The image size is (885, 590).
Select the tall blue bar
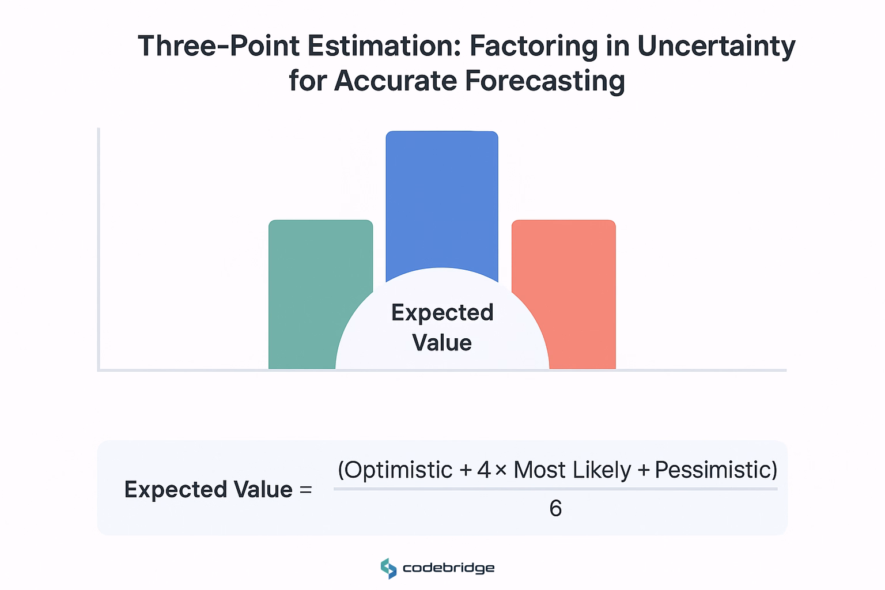pos(442,202)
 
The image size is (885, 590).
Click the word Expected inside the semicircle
pos(442,313)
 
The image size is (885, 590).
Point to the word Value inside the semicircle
pos(442,343)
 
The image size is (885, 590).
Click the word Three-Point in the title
pos(218,46)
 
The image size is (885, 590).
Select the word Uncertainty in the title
pos(716,46)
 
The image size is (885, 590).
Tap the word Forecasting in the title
pos(544,81)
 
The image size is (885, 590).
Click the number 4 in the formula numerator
pos(483,470)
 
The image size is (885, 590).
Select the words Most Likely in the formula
pos(572,470)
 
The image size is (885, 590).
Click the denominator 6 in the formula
pos(555,508)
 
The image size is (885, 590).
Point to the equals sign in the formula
pos(305,490)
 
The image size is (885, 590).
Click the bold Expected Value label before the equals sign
pos(209,490)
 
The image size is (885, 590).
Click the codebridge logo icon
pos(389,568)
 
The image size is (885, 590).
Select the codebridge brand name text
pos(448,568)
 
